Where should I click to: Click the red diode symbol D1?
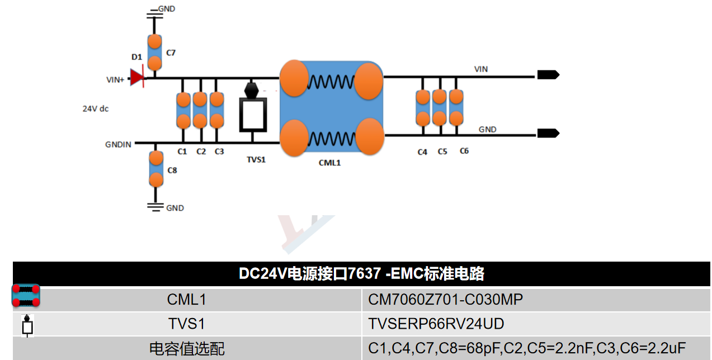tap(137, 78)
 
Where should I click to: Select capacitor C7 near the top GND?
tap(155, 52)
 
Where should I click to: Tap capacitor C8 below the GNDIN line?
tap(156, 169)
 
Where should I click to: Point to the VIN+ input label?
tap(115, 80)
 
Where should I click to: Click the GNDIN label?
tap(118, 144)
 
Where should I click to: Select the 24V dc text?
tap(96, 109)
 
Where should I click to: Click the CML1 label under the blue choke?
tap(329, 163)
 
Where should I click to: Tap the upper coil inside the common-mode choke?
tap(331, 82)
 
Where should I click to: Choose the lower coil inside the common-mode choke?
tap(331, 138)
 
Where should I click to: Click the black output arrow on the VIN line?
tap(548, 75)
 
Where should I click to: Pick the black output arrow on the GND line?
tap(548, 133)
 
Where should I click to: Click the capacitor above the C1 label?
tap(183, 110)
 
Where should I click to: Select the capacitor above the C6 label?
tap(456, 108)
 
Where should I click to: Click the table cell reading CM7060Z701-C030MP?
tap(445, 300)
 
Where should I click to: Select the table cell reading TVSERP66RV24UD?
tap(436, 324)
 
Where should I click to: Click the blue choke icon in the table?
tap(26, 296)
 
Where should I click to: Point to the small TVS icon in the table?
tap(26, 325)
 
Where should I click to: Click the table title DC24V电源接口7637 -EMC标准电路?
tap(361, 273)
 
